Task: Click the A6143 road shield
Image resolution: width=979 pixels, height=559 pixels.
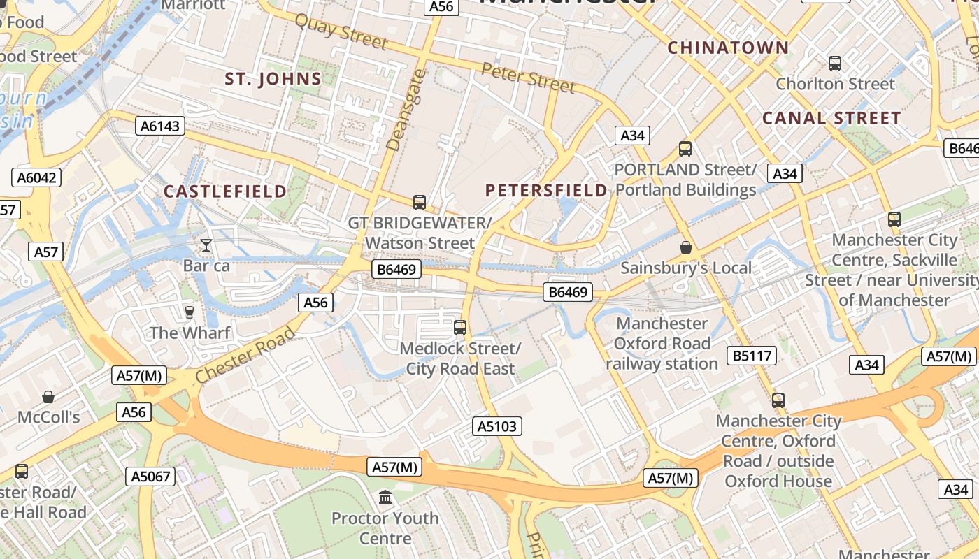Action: pos(159,126)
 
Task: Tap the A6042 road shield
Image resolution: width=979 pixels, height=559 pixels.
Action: pos(36,177)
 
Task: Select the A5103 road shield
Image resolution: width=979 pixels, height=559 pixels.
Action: pos(497,426)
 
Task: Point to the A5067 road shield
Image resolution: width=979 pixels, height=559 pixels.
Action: pos(150,477)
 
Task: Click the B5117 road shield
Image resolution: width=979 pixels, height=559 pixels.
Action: pos(752,356)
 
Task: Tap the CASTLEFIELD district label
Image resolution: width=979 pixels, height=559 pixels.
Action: pos(225,191)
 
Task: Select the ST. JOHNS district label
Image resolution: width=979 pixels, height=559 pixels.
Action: pos(273,79)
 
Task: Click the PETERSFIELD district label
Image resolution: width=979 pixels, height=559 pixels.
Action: pos(546,190)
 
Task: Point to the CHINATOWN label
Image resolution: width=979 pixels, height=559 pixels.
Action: pos(728,48)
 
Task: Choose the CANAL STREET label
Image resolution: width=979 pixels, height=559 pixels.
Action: pos(831,118)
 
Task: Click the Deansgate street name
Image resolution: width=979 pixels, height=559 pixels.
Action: pos(406,110)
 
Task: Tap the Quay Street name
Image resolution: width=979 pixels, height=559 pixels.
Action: pos(341,31)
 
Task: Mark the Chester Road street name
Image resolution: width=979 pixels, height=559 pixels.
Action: pos(245,355)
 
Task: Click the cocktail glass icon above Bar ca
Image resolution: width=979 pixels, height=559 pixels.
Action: pos(206,245)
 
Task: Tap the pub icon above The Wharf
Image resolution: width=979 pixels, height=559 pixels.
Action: pos(189,312)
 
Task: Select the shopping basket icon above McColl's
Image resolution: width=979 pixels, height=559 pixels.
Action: pos(48,397)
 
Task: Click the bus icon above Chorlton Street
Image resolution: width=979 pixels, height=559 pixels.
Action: pos(834,64)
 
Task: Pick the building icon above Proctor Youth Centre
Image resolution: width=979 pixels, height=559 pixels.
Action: pos(385,498)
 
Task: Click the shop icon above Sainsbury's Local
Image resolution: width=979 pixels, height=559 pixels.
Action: pos(686,247)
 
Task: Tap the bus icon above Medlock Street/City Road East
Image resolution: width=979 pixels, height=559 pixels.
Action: pos(460,327)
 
